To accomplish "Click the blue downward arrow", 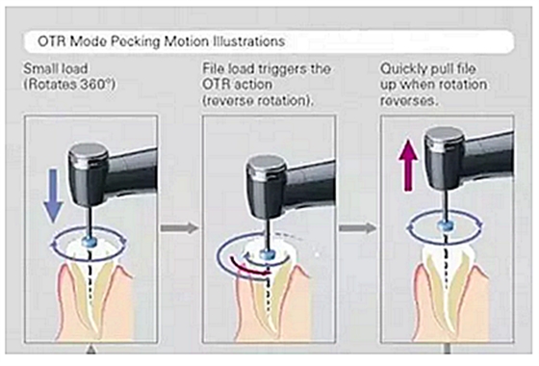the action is [x=53, y=196].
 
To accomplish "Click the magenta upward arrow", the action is [x=408, y=166].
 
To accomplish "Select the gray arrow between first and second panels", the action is [x=179, y=227].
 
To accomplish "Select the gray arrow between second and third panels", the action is [x=358, y=227].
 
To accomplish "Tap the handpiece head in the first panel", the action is [x=88, y=174].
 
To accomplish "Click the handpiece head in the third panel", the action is [x=444, y=159].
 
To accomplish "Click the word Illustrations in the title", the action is [x=249, y=41].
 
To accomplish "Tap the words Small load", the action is [x=56, y=68].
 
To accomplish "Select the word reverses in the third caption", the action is [x=409, y=100].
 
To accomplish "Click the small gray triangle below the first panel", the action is [x=90, y=351].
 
